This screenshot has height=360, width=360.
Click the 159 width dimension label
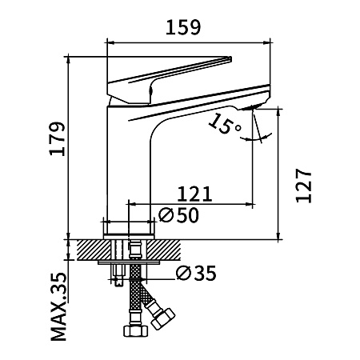tap(182, 27)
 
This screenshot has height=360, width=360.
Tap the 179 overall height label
tap(58, 138)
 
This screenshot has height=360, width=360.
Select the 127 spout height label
tap(304, 186)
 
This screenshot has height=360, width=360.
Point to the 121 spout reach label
tap(194, 194)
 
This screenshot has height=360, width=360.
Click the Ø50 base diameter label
tap(178, 214)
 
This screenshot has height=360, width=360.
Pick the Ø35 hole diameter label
tap(196, 273)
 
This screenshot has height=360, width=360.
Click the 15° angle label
tap(223, 124)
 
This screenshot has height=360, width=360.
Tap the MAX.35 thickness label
tap(58, 306)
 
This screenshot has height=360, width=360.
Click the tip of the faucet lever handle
tap(230, 58)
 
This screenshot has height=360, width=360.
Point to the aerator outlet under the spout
tap(250, 107)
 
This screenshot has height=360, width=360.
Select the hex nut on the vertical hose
tap(135, 331)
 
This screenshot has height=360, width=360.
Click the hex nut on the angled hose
tap(163, 318)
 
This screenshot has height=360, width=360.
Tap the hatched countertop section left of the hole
tap(94, 250)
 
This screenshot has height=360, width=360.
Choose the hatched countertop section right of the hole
tap(164, 250)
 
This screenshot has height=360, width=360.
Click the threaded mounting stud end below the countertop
tap(118, 282)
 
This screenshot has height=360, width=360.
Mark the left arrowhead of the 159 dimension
tap(110, 42)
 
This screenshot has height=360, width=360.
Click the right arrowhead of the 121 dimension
tap(249, 204)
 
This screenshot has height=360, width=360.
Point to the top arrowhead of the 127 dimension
tap(278, 113)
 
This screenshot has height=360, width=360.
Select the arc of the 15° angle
tap(256, 138)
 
